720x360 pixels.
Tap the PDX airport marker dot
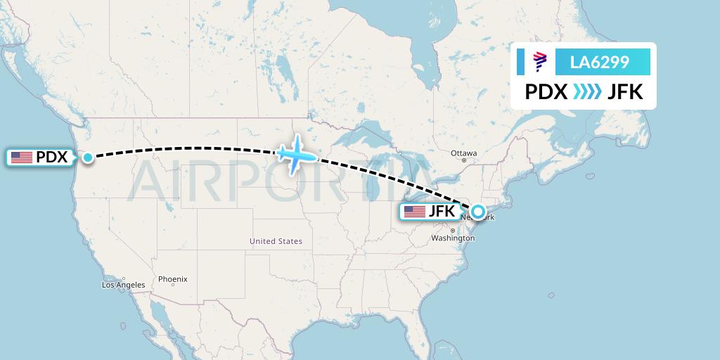click(x=88, y=157)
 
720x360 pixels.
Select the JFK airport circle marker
click(x=478, y=211)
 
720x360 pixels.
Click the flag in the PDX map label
click(x=22, y=157)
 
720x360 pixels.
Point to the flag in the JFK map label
click(x=415, y=212)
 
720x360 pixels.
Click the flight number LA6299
click(x=599, y=63)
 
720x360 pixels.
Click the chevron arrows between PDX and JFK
click(x=587, y=91)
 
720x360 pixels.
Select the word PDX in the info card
click(x=546, y=91)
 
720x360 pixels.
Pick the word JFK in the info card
click(x=625, y=91)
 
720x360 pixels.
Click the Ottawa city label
click(x=464, y=153)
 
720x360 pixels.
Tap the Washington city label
click(x=453, y=238)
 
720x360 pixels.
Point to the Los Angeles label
click(x=123, y=285)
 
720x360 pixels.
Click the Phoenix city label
click(x=172, y=279)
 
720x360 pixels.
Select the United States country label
click(x=276, y=241)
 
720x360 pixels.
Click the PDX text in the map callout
click(x=52, y=157)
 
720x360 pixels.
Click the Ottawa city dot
click(x=464, y=160)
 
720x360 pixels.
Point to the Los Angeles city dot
click(x=124, y=278)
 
